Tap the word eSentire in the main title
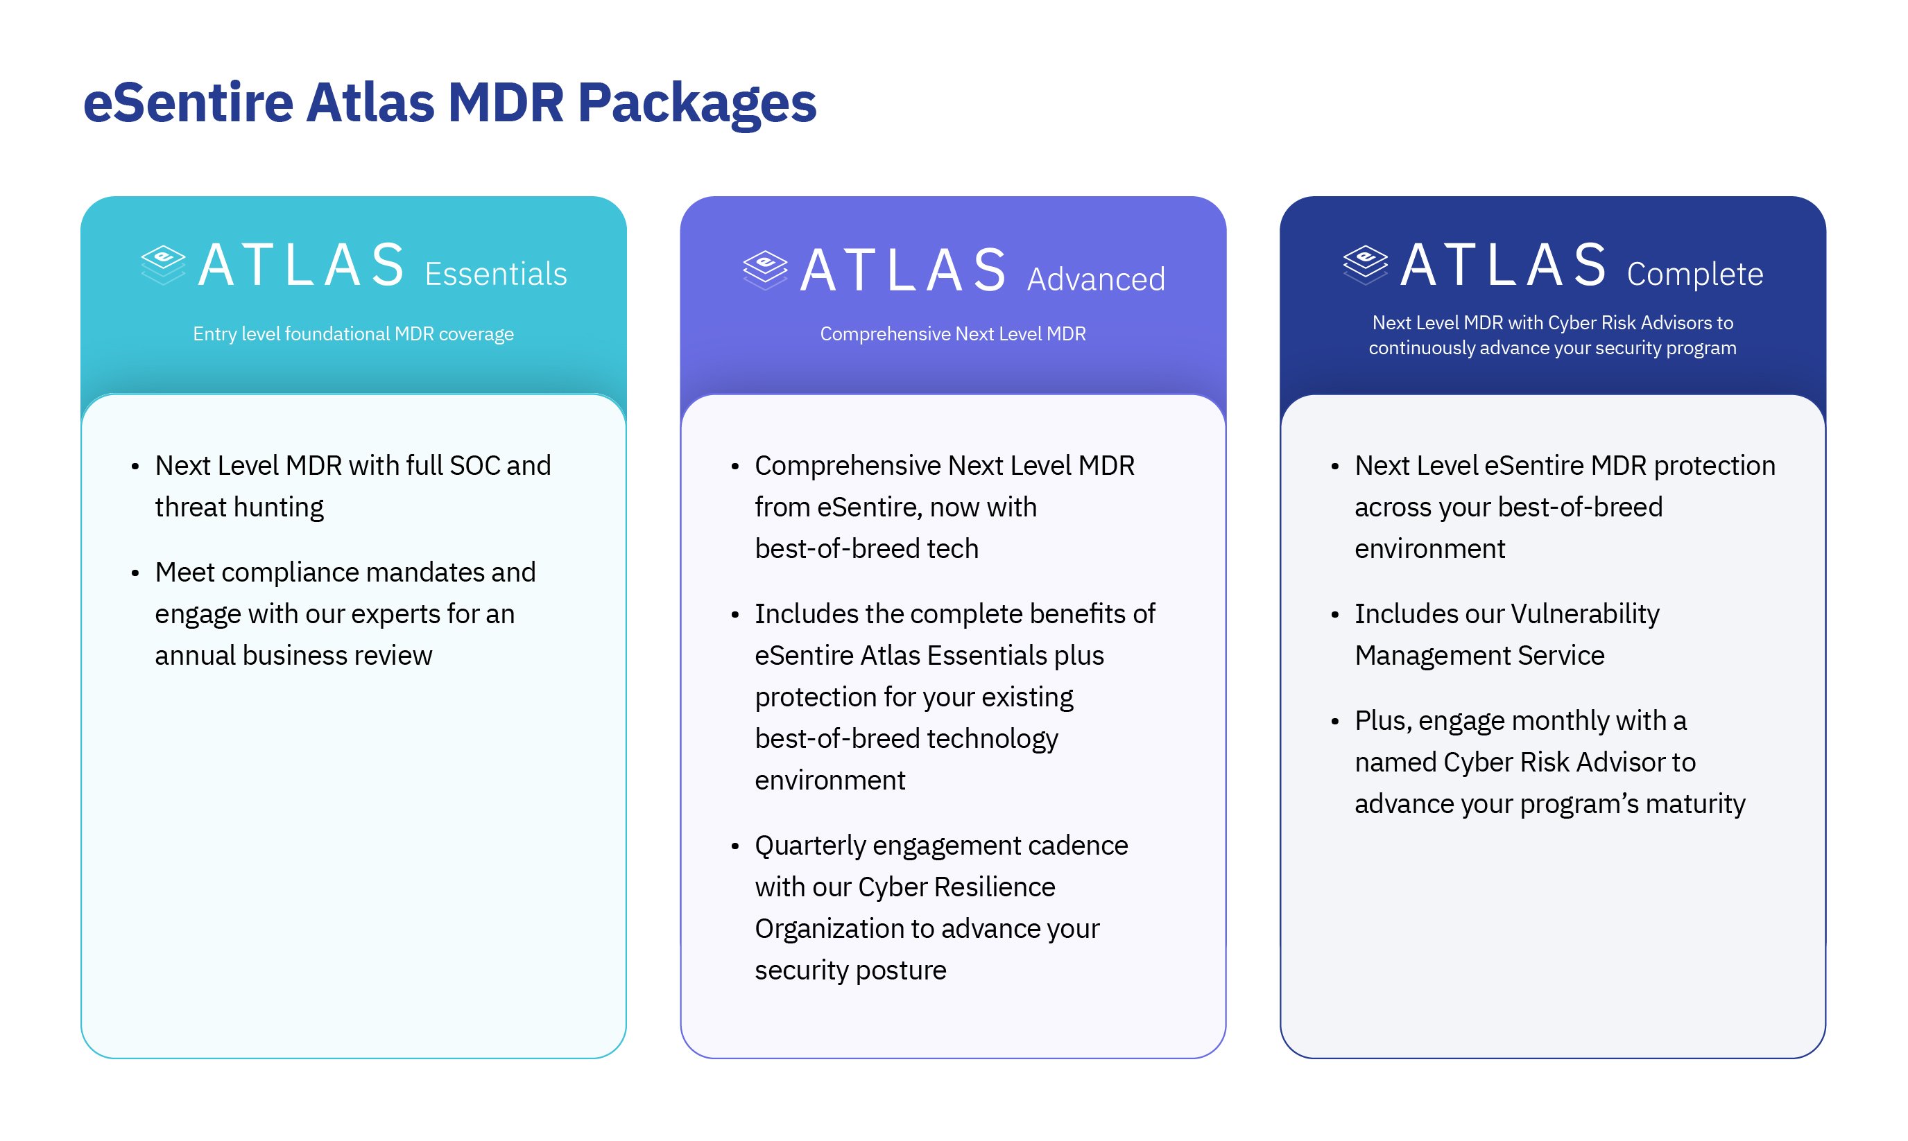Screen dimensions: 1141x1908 point(189,103)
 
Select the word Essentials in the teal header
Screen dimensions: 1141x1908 point(495,275)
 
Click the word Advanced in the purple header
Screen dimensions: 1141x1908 point(1096,280)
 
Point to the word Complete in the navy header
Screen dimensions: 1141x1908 point(1694,275)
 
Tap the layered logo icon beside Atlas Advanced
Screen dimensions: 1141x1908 point(765,270)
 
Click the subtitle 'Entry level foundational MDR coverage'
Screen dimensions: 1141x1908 point(353,333)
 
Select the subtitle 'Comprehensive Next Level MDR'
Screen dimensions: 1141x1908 point(953,333)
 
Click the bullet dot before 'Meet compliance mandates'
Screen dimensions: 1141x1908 point(135,573)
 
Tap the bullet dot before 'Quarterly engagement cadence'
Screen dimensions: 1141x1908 point(735,846)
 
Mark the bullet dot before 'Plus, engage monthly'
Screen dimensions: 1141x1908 point(1335,722)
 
